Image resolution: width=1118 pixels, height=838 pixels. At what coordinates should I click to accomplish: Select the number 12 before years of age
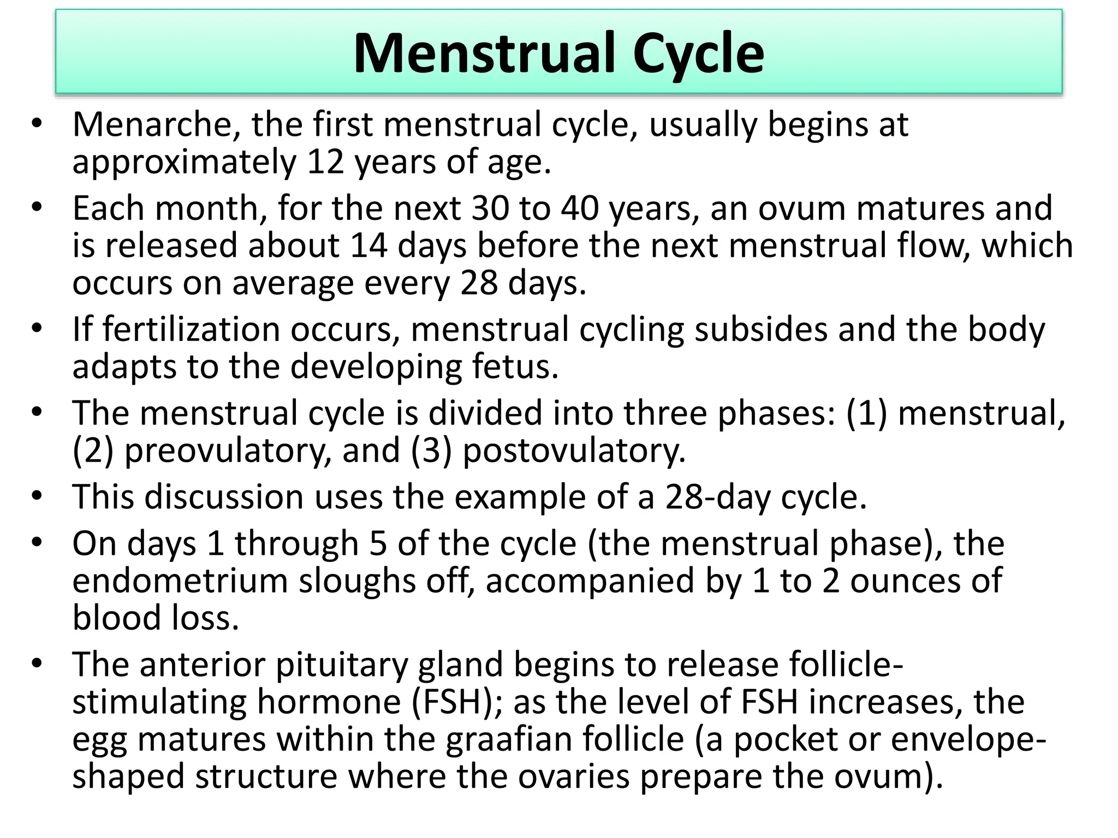click(326, 162)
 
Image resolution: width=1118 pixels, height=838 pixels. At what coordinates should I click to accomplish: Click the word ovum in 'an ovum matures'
click(801, 208)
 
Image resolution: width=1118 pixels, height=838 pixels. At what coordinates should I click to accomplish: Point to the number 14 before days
click(369, 246)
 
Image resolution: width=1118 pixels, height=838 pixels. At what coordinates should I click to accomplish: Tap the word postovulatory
click(574, 451)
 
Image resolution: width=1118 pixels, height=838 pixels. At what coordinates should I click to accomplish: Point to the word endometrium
click(180, 580)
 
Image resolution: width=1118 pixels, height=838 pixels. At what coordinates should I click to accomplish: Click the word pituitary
click(342, 665)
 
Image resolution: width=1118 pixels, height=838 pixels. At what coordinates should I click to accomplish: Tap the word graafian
click(509, 739)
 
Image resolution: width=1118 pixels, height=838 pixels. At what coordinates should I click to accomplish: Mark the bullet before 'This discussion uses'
click(37, 496)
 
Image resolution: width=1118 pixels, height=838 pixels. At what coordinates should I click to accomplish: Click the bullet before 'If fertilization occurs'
click(37, 329)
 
